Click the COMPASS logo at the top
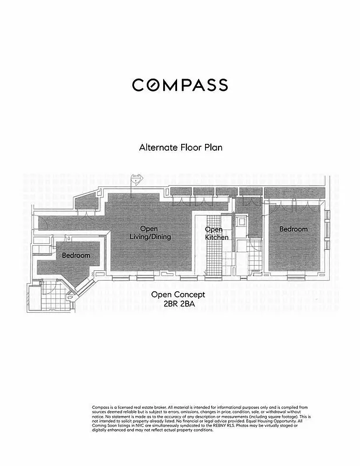coord(179,85)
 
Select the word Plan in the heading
coord(213,147)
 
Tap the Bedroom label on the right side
coord(293,229)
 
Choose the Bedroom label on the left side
coord(76,256)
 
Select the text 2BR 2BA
coord(180,303)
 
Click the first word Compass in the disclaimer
coord(101,407)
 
